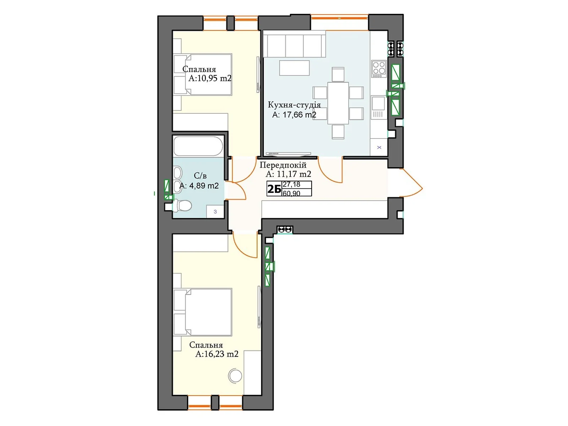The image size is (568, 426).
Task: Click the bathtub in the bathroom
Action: pyautogui.click(x=198, y=146)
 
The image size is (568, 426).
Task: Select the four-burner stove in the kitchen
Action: pyautogui.click(x=378, y=69)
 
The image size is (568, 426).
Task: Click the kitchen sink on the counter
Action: pyautogui.click(x=378, y=107)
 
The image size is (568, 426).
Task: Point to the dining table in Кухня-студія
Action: pyautogui.click(x=338, y=103)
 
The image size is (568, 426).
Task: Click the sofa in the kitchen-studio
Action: pyautogui.click(x=294, y=44)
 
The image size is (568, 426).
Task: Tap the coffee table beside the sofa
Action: pyautogui.click(x=294, y=68)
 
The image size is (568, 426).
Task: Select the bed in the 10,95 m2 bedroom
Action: pyautogui.click(x=202, y=75)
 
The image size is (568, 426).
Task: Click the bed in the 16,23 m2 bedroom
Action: pyautogui.click(x=202, y=312)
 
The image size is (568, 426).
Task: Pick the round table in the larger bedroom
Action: pyautogui.click(x=235, y=376)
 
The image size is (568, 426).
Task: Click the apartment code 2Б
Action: pyautogui.click(x=274, y=189)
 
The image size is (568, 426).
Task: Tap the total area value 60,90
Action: pyautogui.click(x=291, y=193)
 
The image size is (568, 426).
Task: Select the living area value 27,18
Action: pyautogui.click(x=291, y=184)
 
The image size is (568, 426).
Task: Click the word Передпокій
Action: pyautogui.click(x=283, y=165)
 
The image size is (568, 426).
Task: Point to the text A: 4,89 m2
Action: pyautogui.click(x=199, y=186)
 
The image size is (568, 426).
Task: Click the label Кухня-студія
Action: pyautogui.click(x=294, y=105)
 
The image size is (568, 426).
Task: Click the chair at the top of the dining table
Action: pyautogui.click(x=338, y=74)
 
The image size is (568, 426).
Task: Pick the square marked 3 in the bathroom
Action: pyautogui.click(x=215, y=212)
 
